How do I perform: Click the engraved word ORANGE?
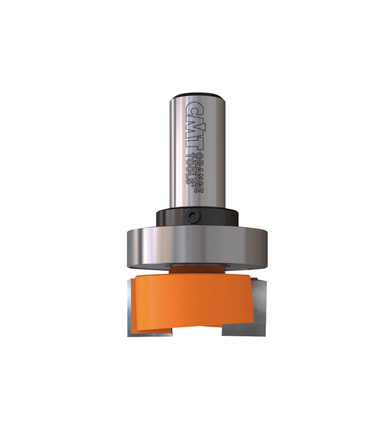pyautogui.click(x=200, y=171)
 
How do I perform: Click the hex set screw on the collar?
pyautogui.click(x=193, y=217)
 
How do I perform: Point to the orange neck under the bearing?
pyautogui.click(x=196, y=269)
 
